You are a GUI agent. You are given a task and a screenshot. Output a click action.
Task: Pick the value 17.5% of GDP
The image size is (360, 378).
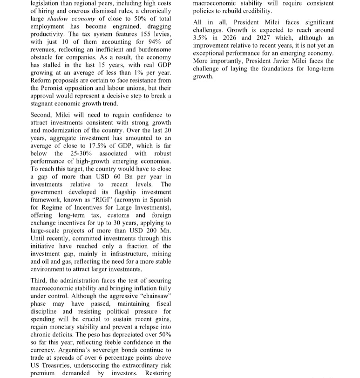coord(77,145)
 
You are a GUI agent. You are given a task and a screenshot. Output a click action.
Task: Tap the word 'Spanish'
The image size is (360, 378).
coord(158,199)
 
